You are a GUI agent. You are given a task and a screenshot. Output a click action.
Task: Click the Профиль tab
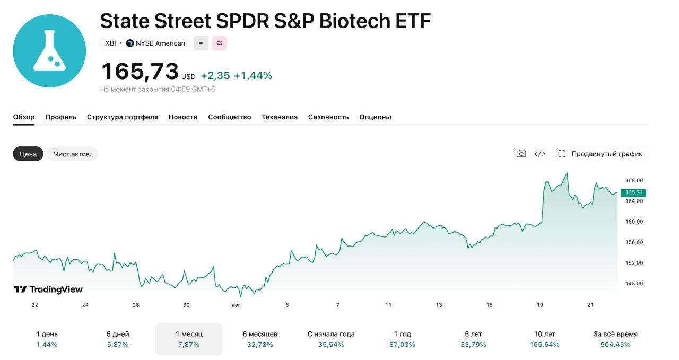click(60, 117)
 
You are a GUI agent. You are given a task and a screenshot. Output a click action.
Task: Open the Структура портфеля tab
click(122, 117)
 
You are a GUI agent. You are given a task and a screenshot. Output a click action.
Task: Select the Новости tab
click(183, 117)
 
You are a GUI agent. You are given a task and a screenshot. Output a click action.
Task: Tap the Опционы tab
click(375, 117)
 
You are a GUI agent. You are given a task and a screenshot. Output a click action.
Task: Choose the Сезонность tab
click(328, 117)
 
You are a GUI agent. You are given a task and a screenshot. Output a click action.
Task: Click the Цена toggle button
click(28, 154)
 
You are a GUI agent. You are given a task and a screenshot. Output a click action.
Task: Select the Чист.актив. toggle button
click(73, 154)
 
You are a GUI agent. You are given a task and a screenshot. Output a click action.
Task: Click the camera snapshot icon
click(521, 154)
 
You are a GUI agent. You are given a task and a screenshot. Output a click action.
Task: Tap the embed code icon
click(539, 154)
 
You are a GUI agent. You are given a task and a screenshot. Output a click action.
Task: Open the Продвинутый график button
click(600, 154)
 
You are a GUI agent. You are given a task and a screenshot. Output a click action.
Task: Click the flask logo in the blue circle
click(49, 51)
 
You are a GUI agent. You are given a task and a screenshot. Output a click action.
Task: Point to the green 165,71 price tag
click(633, 192)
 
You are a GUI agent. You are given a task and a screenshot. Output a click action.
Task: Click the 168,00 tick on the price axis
click(634, 181)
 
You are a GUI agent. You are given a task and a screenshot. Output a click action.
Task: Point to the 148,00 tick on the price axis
click(634, 284)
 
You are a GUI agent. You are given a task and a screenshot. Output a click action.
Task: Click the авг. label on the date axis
click(237, 305)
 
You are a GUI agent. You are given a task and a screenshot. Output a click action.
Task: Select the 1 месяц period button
click(189, 339)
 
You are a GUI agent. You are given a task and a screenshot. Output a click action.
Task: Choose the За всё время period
click(615, 339)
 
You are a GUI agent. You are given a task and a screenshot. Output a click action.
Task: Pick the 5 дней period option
click(118, 339)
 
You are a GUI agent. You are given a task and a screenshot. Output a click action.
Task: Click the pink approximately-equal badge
click(219, 43)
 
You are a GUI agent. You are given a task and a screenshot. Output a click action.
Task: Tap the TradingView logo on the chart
click(48, 289)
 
